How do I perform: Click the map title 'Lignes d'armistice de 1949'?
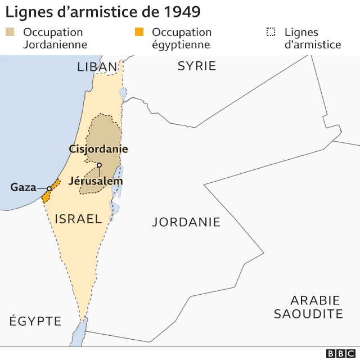103,12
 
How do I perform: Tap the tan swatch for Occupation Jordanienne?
11,32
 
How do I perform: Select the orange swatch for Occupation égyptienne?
139,32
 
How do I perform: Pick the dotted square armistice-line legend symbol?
271,32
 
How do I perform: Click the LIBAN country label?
97,67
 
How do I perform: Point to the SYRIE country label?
197,66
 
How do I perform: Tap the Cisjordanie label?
98,149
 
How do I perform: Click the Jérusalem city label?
95,181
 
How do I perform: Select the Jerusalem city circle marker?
99,165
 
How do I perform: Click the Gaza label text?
23,187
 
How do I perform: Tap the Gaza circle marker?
49,188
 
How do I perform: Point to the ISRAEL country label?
78,219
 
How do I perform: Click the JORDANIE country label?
186,222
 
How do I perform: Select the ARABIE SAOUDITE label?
308,307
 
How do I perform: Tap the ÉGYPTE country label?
35,321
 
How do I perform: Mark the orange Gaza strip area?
46,195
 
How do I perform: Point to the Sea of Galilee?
122,91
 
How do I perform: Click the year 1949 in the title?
181,12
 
